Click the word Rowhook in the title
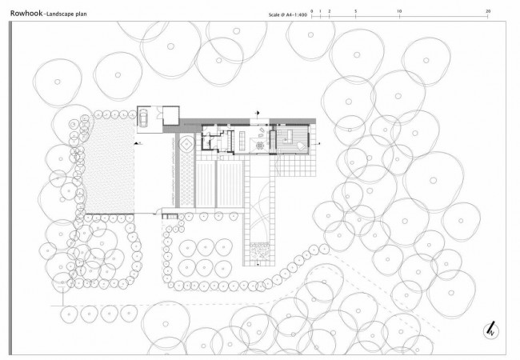26,14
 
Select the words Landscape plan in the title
66,14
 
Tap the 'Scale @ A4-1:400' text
288,15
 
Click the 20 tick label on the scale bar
488,11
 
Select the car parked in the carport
143,118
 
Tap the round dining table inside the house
260,145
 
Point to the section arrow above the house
257,114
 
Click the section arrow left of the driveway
138,143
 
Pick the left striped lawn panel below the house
206,184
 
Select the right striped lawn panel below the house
230,184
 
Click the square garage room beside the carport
171,116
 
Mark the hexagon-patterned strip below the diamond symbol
186,179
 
